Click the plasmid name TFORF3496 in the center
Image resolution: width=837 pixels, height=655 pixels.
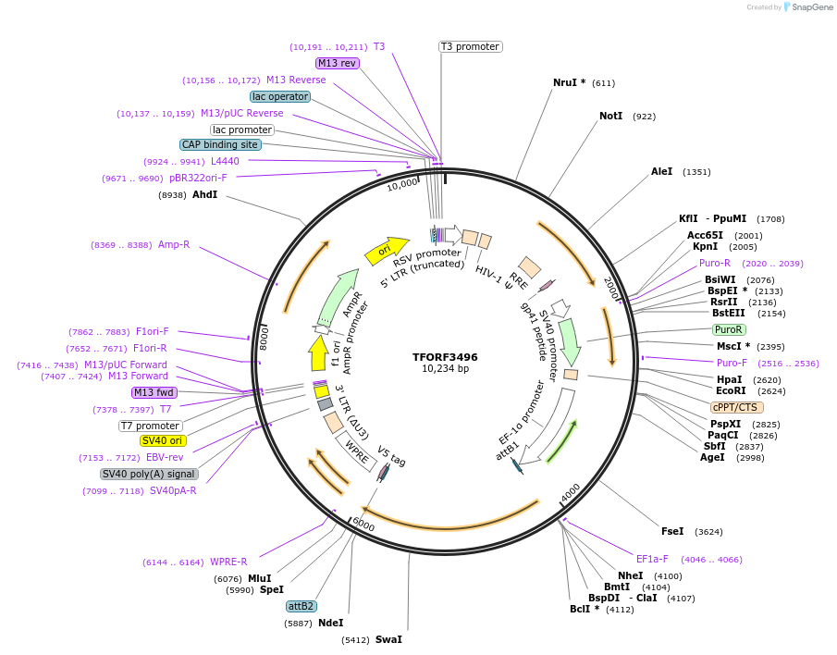tap(445, 356)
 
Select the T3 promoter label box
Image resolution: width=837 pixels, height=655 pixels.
tap(470, 46)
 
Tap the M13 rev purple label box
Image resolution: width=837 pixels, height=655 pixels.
tap(337, 63)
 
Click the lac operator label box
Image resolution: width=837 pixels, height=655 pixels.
tap(280, 96)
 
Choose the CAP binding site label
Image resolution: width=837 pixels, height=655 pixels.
tap(220, 144)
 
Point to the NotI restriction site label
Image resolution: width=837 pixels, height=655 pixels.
tap(610, 117)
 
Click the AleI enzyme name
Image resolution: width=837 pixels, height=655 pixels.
tap(661, 171)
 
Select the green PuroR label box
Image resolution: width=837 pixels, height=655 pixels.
tap(729, 329)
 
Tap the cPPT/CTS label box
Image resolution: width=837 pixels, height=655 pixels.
tap(735, 407)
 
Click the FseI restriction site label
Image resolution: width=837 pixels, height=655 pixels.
tap(672, 531)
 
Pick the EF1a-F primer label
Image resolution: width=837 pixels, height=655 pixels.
tap(652, 559)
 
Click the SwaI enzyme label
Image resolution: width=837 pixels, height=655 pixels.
tap(388, 639)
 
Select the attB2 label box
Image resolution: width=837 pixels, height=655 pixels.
tap(302, 606)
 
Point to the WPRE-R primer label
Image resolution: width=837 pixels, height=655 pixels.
tap(228, 562)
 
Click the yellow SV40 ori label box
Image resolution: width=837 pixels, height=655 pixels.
tap(162, 440)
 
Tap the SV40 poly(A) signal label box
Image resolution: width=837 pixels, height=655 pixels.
tap(149, 474)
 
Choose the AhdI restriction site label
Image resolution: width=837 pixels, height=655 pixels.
tap(204, 194)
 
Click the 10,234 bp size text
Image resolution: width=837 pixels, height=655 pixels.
tap(445, 369)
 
